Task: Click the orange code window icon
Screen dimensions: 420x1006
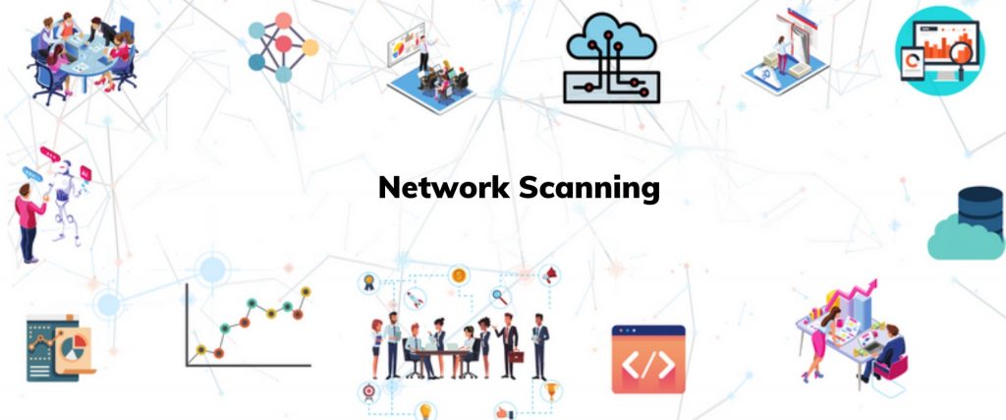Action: (x=648, y=360)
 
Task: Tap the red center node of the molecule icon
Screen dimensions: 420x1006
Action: (x=283, y=45)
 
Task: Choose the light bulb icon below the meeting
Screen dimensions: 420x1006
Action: (x=426, y=410)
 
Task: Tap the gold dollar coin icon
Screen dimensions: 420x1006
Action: (x=458, y=276)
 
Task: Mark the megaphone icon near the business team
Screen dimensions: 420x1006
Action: (x=552, y=272)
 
